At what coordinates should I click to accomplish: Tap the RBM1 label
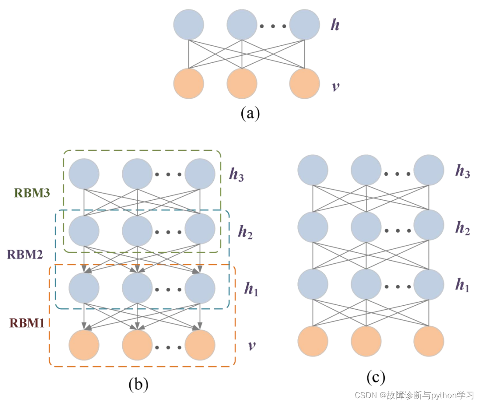pyautogui.click(x=27, y=323)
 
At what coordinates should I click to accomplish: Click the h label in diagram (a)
pyautogui.click(x=335, y=25)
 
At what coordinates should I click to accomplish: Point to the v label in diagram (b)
pyautogui.click(x=252, y=346)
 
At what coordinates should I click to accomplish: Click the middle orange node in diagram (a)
pyautogui.click(x=242, y=84)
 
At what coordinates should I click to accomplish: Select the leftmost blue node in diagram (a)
pyautogui.click(x=189, y=24)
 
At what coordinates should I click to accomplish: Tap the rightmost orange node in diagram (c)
pyautogui.click(x=428, y=341)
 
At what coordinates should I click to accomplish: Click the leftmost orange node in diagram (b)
pyautogui.click(x=84, y=345)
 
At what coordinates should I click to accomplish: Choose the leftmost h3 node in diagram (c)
pyautogui.click(x=313, y=170)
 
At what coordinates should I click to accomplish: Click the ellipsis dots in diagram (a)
pyautogui.click(x=273, y=26)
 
